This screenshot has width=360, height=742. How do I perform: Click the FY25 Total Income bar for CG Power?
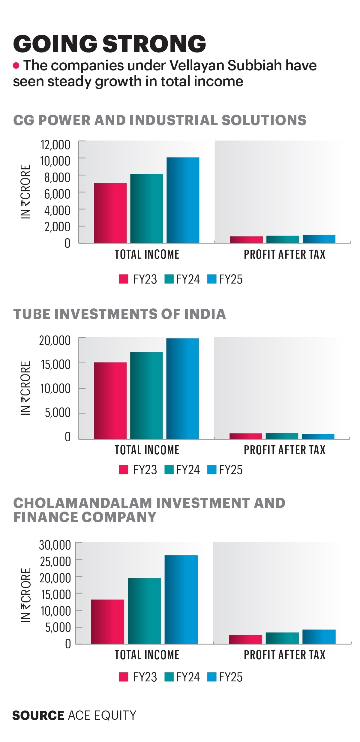tap(183, 200)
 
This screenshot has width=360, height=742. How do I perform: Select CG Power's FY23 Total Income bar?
tap(110, 213)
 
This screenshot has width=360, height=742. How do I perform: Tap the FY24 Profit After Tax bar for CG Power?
tap(283, 239)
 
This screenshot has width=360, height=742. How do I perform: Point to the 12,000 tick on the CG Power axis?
tap(55, 145)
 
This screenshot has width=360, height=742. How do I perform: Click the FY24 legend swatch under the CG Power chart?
tap(169, 279)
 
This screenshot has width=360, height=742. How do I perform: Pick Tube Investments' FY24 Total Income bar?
tap(146, 395)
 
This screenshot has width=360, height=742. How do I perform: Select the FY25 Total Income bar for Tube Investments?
tap(183, 389)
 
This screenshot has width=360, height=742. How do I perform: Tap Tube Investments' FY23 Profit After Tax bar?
tap(246, 436)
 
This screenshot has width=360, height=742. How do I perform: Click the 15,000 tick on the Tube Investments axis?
tap(55, 364)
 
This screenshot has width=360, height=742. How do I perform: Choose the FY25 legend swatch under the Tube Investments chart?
tap(212, 470)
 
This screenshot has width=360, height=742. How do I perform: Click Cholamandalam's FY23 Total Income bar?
tap(107, 621)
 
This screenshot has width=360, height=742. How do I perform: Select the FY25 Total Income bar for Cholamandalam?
tap(181, 599)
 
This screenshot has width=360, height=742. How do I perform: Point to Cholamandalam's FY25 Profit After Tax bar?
tap(319, 636)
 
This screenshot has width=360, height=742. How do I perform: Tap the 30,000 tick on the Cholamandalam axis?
tap(55, 545)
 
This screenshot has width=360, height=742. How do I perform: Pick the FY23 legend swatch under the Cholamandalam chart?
tap(124, 677)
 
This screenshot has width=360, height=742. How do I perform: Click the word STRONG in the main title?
tap(154, 44)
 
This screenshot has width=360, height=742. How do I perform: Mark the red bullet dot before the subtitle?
tap(16, 65)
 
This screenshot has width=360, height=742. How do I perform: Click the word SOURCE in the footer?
tap(38, 715)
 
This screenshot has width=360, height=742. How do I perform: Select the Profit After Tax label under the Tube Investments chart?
tap(284, 450)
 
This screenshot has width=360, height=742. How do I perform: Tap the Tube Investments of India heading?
tap(119, 314)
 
